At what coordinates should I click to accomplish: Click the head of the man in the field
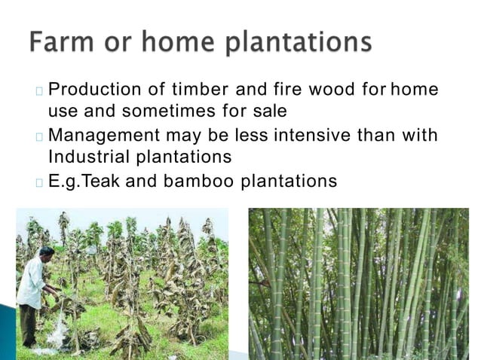pos(46,252)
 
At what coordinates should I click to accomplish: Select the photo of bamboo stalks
pos(358,283)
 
